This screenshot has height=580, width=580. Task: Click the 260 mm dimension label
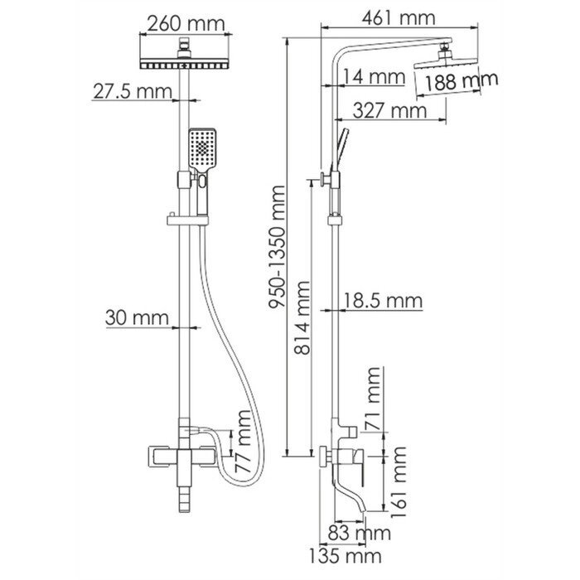tap(186, 23)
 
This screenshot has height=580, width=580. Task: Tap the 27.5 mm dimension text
tap(133, 91)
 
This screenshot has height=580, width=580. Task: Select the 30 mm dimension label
tap(137, 317)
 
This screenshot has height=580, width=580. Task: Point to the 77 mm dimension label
tap(243, 441)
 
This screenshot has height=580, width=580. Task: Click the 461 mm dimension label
tap(399, 17)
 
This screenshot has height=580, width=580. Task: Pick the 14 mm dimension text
tap(375, 77)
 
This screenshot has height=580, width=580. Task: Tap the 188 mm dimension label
tap(461, 81)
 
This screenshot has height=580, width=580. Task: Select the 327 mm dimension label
tap(390, 110)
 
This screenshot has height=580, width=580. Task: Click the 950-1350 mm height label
tap(277, 247)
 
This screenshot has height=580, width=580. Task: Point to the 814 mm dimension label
tap(302, 317)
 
